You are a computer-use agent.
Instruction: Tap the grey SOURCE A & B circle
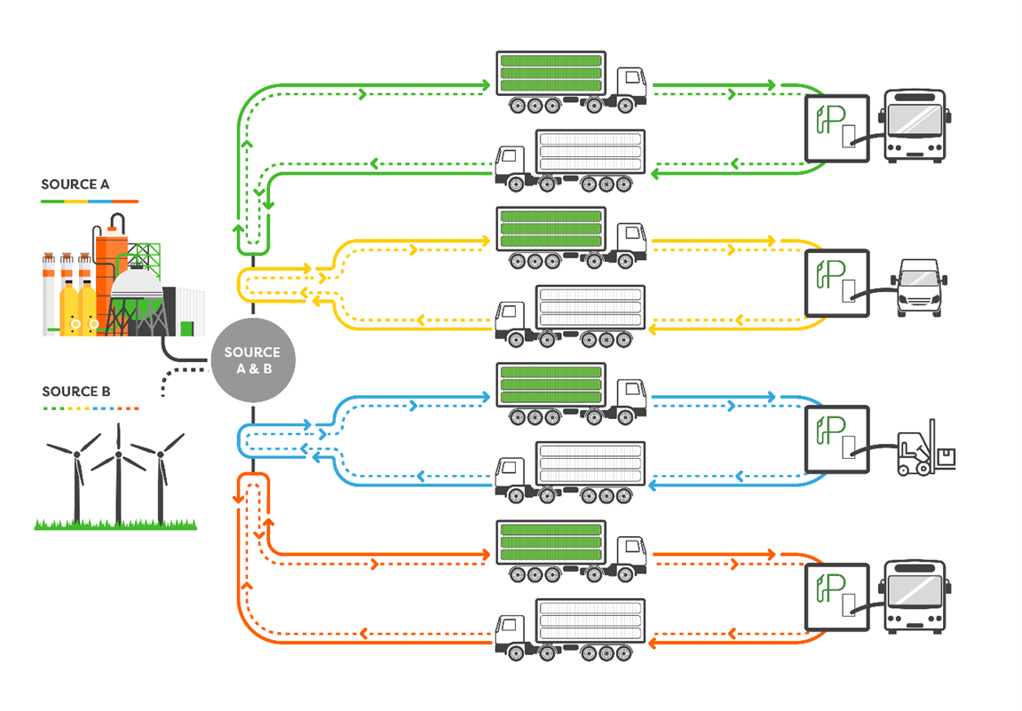tap(252, 359)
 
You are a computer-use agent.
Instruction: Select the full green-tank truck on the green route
tap(570, 83)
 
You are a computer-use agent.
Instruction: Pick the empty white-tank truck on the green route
tap(570, 161)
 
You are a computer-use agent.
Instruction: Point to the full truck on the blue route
tap(570, 394)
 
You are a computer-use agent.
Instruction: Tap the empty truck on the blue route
tap(570, 471)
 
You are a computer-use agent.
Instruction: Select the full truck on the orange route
tap(570, 550)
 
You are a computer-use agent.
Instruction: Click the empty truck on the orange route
tap(570, 628)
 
